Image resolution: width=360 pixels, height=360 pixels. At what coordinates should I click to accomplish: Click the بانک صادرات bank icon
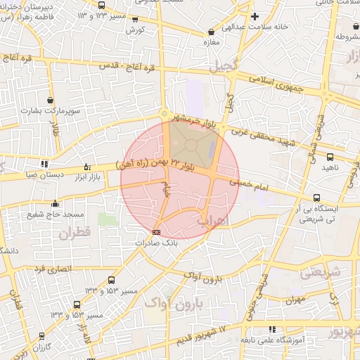click(156, 231)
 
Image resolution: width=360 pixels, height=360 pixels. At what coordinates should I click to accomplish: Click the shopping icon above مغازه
click(211, 32)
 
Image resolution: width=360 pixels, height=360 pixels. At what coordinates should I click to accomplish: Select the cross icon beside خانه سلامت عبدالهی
click(255, 16)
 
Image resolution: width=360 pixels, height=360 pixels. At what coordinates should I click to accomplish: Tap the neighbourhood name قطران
click(77, 234)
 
